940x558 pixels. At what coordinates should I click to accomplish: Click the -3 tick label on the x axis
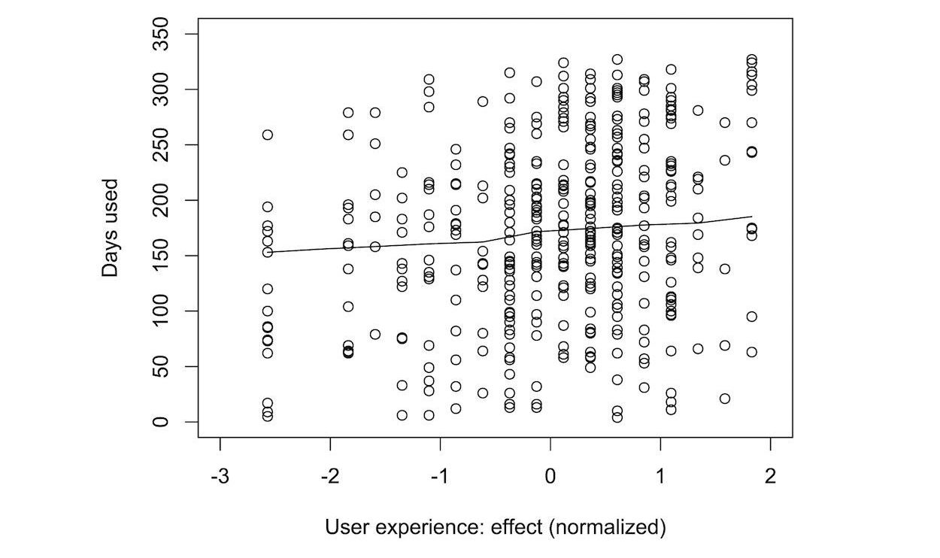[220, 477]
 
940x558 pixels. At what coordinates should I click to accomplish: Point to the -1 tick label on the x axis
[439, 477]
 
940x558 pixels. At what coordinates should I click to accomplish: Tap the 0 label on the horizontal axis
[550, 477]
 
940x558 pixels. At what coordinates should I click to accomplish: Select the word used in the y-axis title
[111, 202]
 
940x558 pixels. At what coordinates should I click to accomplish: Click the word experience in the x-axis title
[425, 527]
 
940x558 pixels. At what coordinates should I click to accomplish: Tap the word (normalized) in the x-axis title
[608, 527]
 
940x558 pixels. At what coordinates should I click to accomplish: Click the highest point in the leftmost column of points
[268, 135]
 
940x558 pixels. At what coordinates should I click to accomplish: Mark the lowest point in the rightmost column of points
[751, 352]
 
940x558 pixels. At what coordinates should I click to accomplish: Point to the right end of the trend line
[751, 217]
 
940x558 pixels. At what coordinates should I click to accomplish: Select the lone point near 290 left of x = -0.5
[483, 102]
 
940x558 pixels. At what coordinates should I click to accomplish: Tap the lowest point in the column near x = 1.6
[725, 399]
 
